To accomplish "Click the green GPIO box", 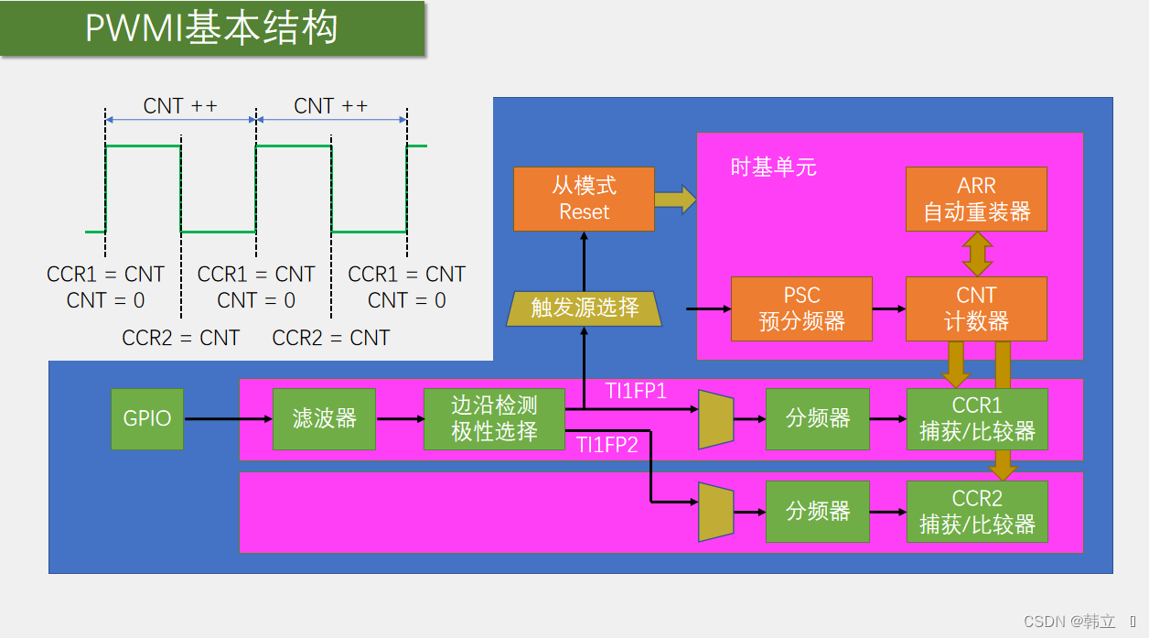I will pyautogui.click(x=147, y=419).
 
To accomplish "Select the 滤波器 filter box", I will pyautogui.click(x=324, y=419).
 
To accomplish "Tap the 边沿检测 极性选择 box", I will pyautogui.click(x=494, y=419).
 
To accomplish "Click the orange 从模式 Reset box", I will pyautogui.click(x=584, y=199).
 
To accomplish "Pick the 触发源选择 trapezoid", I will pyautogui.click(x=584, y=308).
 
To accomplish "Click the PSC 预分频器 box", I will pyautogui.click(x=801, y=308).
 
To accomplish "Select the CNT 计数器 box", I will pyautogui.click(x=976, y=308).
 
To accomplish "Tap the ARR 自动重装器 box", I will pyautogui.click(x=976, y=199).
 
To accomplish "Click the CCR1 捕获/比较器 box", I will pyautogui.click(x=976, y=419).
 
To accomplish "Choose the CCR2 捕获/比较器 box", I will pyautogui.click(x=976, y=511).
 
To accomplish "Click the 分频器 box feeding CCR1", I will pyautogui.click(x=818, y=419).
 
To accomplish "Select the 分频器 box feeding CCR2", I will pyautogui.click(x=818, y=511).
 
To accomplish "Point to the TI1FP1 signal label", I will pyautogui.click(x=636, y=392).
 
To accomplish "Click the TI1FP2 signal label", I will pyautogui.click(x=607, y=446).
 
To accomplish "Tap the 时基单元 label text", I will pyautogui.click(x=773, y=168).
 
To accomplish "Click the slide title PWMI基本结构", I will pyautogui.click(x=211, y=28).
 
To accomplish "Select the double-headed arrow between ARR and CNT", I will pyautogui.click(x=977, y=254).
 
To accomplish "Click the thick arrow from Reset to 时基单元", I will pyautogui.click(x=675, y=199).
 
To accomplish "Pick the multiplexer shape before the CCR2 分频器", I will pyautogui.click(x=715, y=512).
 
